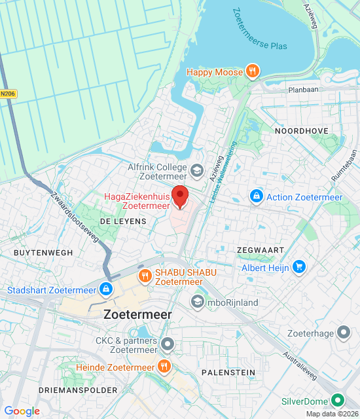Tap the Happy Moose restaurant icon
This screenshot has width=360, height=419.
251,71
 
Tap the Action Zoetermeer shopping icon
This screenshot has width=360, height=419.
256,196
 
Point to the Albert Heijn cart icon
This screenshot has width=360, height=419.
299,266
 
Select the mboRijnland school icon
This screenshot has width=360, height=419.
196,302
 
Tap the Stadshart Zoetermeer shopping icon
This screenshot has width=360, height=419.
106,288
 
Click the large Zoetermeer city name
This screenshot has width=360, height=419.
137,315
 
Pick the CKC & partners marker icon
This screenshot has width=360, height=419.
168,344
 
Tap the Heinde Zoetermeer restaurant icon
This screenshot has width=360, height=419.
164,367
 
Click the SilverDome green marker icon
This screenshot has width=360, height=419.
338,400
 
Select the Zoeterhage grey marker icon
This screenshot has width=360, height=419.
344,333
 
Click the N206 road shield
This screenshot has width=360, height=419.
8,94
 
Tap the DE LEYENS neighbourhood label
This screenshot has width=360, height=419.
124,222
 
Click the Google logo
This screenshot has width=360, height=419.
22,411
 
